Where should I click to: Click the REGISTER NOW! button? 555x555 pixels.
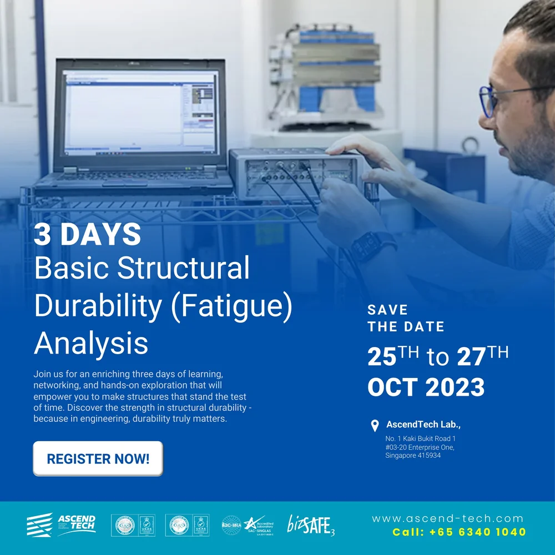coord(98,459)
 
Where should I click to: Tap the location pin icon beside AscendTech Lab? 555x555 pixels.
coord(375,426)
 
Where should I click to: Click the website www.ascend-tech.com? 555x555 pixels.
coord(447,519)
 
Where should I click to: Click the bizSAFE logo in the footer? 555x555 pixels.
coord(310,524)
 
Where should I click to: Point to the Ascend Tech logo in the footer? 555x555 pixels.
coord(62,524)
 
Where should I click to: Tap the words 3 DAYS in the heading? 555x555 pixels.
coord(87,235)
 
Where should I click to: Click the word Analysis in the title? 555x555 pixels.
coord(91,343)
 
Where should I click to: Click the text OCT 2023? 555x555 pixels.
coord(426,387)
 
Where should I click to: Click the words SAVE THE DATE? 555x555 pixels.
coord(406,318)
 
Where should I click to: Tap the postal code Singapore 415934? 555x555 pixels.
coord(413,456)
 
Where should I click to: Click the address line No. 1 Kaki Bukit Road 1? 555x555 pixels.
coord(420,439)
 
